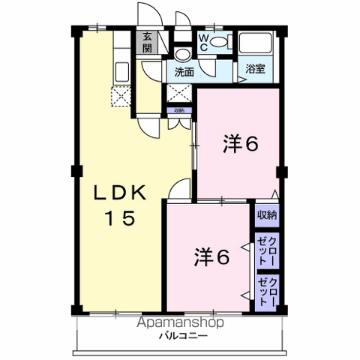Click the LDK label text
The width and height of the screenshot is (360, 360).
[118, 193]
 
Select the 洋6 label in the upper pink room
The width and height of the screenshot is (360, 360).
[241, 143]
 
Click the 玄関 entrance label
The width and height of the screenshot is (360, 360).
[148, 42]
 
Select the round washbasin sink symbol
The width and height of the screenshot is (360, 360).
[181, 55]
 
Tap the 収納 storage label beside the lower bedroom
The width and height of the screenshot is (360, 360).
[268, 216]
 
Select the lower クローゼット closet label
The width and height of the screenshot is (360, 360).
[268, 291]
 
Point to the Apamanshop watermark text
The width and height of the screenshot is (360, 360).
[179, 323]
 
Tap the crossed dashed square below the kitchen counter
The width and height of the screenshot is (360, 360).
[120, 95]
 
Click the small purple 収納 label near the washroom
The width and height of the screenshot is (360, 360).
[178, 110]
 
